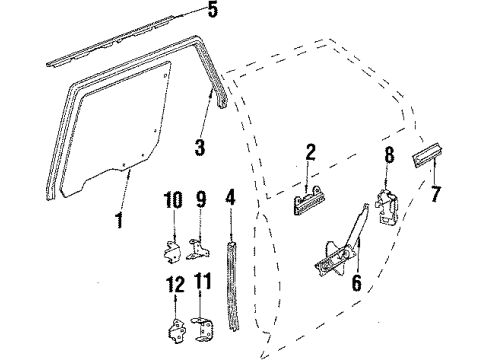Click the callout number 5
pyautogui.click(x=210, y=13)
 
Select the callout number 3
pyautogui.click(x=200, y=148)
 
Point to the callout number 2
pyautogui.click(x=310, y=152)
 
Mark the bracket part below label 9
pyautogui.click(x=199, y=245)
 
